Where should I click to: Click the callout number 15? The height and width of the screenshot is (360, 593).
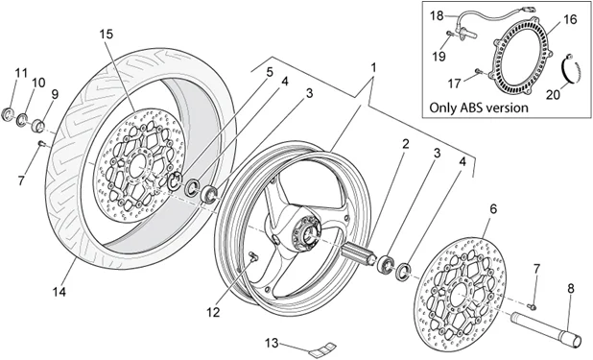tap(107, 34)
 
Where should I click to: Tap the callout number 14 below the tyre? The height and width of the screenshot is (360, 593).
tap(59, 292)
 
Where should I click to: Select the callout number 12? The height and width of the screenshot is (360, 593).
tap(213, 312)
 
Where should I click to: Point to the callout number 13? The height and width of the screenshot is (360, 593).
tap(272, 343)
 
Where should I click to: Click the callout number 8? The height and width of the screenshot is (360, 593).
tap(570, 288)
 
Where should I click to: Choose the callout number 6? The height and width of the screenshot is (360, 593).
tap(493, 208)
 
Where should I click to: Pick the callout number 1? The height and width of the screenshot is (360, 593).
tap(373, 68)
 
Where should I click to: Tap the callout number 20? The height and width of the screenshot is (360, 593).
tap(553, 94)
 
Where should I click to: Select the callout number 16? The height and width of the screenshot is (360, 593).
tap(570, 19)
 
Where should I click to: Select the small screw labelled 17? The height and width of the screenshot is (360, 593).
tap(479, 70)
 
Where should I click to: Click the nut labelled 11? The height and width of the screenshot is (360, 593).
tap(8, 113)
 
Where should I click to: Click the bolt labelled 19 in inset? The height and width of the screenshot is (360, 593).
tap(450, 34)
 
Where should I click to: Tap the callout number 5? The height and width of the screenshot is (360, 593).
tap(270, 72)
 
